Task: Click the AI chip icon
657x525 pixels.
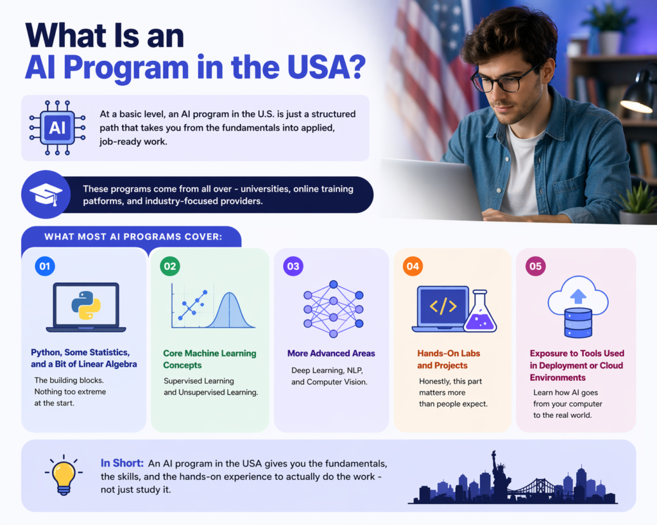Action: coord(57,128)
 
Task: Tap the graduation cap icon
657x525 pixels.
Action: coord(46,194)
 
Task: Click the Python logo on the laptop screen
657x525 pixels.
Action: coord(86,305)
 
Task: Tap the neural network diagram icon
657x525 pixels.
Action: coord(333,309)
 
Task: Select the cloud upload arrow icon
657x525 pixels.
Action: coord(577,296)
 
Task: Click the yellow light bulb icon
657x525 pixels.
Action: coord(63,475)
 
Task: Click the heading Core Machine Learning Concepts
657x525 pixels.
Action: coord(209,359)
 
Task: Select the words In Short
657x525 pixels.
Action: coord(122,463)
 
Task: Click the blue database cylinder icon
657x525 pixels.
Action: coord(577,323)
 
